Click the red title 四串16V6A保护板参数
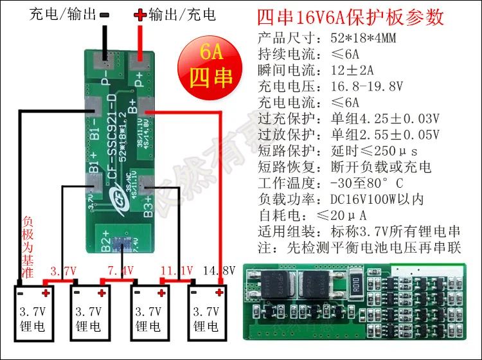pyautogui.click(x=350, y=17)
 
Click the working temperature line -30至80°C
pyautogui.click(x=369, y=184)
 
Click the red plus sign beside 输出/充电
pyautogui.click(x=140, y=14)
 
